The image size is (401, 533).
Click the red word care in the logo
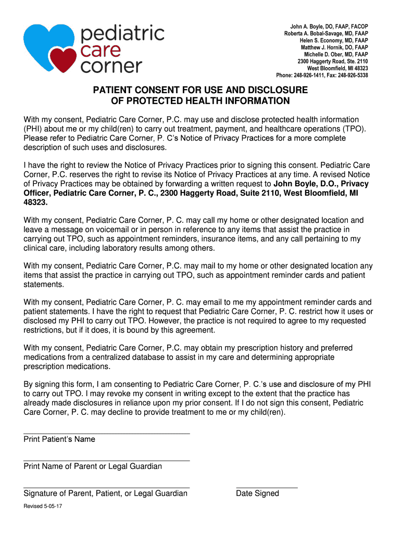click(101, 50)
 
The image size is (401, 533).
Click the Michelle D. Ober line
click(336, 54)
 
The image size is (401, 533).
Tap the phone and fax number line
click(322, 75)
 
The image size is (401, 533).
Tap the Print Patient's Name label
click(59, 439)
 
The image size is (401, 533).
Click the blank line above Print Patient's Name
click(106, 433)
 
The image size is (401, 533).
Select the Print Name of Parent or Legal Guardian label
click(93, 466)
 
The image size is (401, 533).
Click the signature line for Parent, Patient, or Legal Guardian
click(106, 488)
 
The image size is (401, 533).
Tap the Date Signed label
click(257, 493)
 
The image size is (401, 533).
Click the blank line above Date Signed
click(267, 488)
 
